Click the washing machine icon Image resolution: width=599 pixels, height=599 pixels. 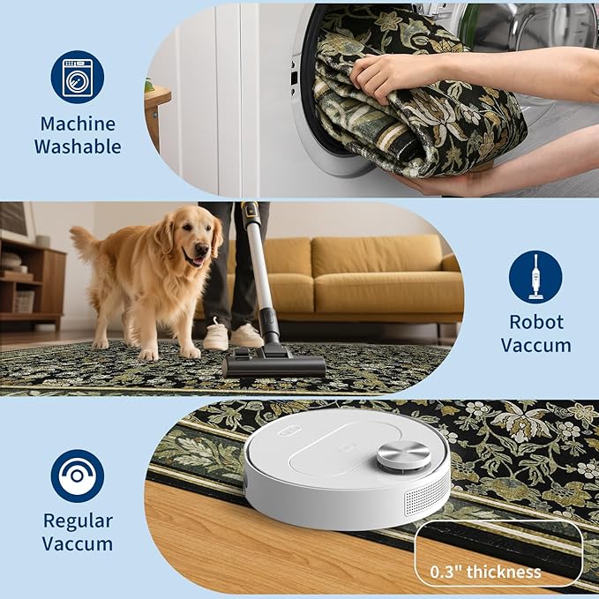[x=78, y=77]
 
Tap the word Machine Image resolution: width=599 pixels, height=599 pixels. [x=78, y=124]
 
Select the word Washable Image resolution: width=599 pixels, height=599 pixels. [x=78, y=146]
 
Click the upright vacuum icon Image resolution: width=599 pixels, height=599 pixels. [x=535, y=277]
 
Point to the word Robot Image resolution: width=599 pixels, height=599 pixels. [x=536, y=322]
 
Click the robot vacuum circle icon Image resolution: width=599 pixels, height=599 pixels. [x=78, y=475]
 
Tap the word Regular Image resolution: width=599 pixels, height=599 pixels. [x=78, y=521]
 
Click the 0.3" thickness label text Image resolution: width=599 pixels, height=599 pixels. [x=485, y=572]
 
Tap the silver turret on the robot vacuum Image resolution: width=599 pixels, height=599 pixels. [x=403, y=456]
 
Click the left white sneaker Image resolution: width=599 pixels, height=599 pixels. [x=216, y=336]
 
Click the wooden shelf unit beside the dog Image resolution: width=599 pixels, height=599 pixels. [x=32, y=283]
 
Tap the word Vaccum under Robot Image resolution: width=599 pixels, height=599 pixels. [x=536, y=345]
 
